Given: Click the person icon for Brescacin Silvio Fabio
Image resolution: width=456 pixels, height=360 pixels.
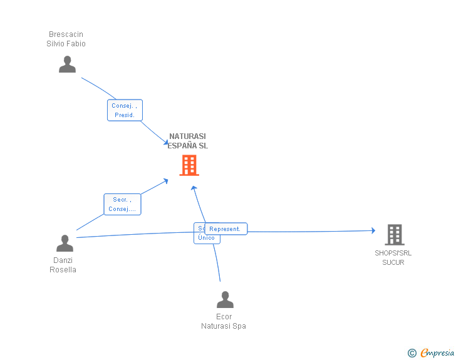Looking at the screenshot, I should tap(67, 64).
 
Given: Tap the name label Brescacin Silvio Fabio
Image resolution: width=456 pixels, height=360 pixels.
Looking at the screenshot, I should tap(66, 39).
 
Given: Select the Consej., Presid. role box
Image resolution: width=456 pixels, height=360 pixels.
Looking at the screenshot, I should tap(125, 110).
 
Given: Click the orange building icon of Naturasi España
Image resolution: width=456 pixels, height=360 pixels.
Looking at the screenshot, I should tap(189, 165).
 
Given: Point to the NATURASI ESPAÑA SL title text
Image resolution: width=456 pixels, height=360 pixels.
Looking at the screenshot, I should tap(187, 141).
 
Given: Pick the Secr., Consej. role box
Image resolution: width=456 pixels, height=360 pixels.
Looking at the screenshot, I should tap(122, 204).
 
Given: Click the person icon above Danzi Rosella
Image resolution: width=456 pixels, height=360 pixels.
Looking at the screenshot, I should tap(65, 244).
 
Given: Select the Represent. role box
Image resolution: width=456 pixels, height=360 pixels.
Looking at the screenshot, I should tap(225, 229).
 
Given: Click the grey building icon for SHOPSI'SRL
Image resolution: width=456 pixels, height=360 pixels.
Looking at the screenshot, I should tap(394, 235).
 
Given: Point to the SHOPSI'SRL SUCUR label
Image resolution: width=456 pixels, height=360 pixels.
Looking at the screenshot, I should tap(393, 257).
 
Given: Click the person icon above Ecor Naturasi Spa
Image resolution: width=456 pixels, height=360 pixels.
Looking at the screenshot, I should tap(225, 300).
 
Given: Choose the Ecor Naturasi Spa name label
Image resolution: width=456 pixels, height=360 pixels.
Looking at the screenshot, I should tap(224, 321).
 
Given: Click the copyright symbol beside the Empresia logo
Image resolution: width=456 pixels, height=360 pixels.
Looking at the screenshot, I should tap(412, 353).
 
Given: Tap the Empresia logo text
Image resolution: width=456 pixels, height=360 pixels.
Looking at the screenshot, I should tap(437, 352).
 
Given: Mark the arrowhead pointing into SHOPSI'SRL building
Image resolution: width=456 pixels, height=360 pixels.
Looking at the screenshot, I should tap(373, 231).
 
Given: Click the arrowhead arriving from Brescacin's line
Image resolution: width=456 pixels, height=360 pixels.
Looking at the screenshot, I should tap(166, 143).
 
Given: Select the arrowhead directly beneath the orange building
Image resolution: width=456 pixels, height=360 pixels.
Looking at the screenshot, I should tap(194, 187).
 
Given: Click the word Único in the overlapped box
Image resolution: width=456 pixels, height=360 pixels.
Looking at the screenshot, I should tap(206, 238).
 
